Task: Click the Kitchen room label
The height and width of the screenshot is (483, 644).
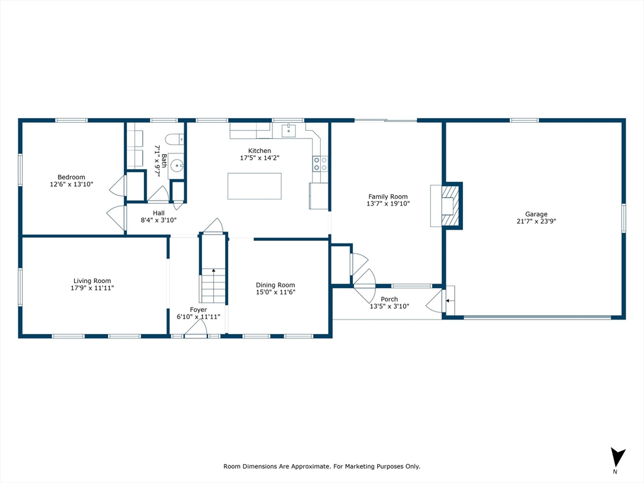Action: click(259, 151)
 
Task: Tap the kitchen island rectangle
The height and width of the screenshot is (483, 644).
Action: click(254, 186)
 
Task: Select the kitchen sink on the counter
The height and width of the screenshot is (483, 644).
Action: click(289, 131)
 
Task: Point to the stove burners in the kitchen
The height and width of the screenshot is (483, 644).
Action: click(320, 164)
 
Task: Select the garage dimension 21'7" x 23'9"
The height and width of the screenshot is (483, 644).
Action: click(536, 221)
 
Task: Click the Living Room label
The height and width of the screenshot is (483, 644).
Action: click(92, 281)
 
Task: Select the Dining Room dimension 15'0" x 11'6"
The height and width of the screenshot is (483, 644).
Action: click(275, 292)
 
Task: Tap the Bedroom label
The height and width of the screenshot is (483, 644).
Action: click(71, 177)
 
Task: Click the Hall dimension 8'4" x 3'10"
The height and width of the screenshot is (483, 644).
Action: click(158, 220)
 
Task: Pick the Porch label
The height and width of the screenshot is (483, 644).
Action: click(389, 299)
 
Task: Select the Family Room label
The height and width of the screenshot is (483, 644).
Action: click(388, 197)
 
